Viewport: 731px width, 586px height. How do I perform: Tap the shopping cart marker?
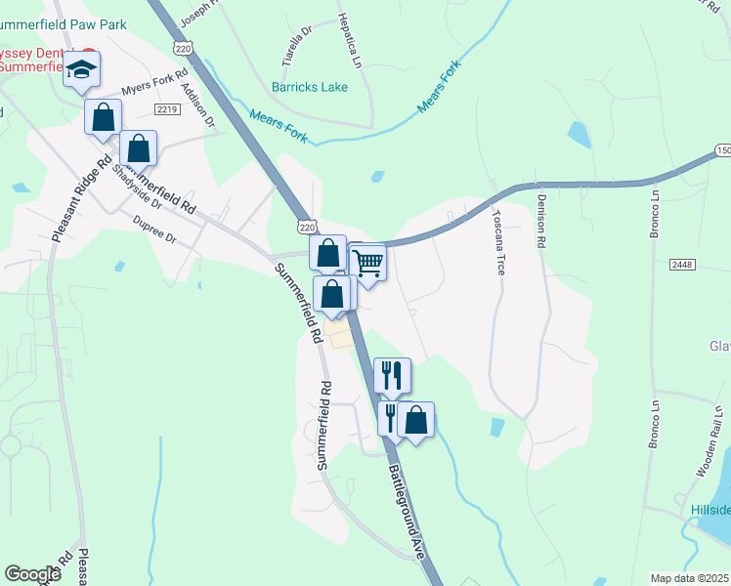point(368,262)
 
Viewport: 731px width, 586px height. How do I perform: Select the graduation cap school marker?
point(83,68)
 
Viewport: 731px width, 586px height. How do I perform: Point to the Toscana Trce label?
point(497,241)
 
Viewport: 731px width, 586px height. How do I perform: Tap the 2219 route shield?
point(166,109)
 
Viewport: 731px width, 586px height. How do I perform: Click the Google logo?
point(32,574)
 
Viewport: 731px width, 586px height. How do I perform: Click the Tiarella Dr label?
point(294,45)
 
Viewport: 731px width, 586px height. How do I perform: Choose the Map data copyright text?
point(690,578)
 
